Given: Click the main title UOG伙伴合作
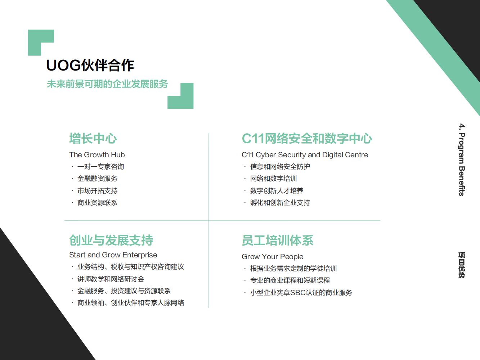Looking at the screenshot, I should coord(90,66).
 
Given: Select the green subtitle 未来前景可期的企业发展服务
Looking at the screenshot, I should coord(107,84).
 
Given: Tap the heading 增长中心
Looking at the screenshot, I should coord(93,139).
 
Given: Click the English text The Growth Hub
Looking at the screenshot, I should coord(97,155).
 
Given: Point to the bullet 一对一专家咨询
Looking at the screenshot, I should coord(100,167).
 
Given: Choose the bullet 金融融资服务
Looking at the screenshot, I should coord(97,179).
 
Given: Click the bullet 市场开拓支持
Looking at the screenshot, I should coord(97,191).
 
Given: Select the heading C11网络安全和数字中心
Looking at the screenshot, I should coord(307,139).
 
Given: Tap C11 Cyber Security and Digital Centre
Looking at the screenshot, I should coord(305,155).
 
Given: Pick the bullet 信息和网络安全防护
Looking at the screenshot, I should coord(280,167).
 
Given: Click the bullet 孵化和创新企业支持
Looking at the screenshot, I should coord(280,203).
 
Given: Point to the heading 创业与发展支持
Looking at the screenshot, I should coord(111,240).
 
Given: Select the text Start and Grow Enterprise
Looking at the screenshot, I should coord(113,255).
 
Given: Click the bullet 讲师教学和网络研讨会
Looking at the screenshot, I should coord(111,279).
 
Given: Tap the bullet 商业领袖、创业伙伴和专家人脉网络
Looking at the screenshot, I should coord(130,303).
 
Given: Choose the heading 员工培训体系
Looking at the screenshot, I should coord(277,240).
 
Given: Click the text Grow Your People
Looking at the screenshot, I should coord(272,257).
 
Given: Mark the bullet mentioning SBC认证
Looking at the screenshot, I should coord(301,293).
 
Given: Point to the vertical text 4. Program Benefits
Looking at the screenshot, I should coord(462,159).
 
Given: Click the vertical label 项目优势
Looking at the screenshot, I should coord(462,265).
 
